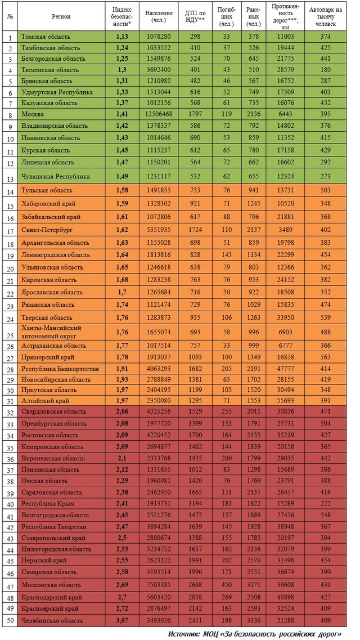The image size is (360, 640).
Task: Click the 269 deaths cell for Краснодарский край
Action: coord(227,597)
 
